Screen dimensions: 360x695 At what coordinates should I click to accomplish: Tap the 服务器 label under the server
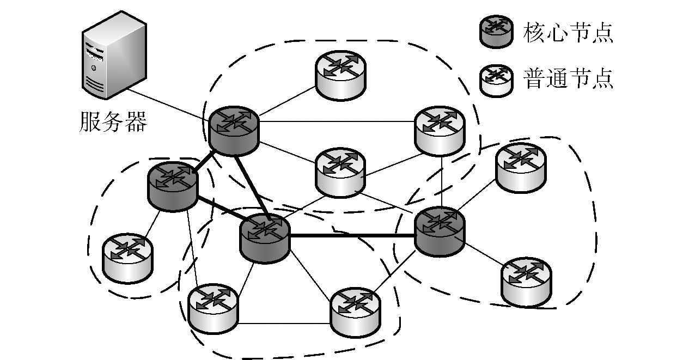click(x=113, y=122)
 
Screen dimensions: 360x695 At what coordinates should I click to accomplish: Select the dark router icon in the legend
click(x=496, y=32)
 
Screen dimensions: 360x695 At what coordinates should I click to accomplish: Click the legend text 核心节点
click(x=568, y=33)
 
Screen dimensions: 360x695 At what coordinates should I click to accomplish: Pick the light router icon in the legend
click(x=496, y=80)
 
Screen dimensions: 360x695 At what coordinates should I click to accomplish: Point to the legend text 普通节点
click(x=568, y=80)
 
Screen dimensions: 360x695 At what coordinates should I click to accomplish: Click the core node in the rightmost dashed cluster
click(x=440, y=231)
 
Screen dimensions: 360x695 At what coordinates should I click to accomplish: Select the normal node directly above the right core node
click(x=440, y=130)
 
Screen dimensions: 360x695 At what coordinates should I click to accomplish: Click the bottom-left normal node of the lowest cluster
click(x=212, y=308)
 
